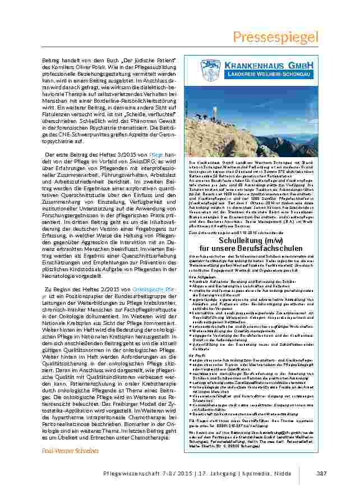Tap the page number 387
coord(321,473)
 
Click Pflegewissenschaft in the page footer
coord(128,474)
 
